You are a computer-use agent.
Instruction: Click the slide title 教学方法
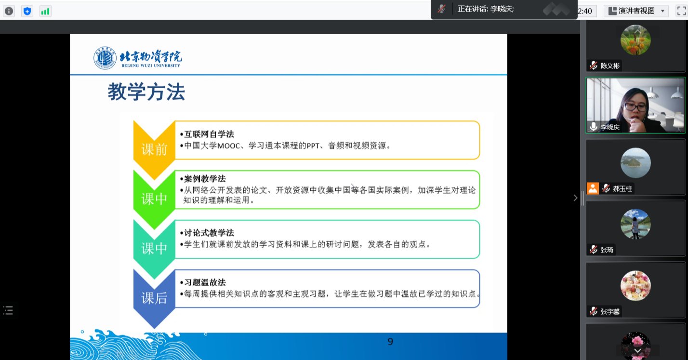click(146, 92)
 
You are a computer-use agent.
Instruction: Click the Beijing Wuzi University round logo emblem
click(105, 58)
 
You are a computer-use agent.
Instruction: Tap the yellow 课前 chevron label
click(154, 149)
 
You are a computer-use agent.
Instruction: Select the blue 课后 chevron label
click(154, 298)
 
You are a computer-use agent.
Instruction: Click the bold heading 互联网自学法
click(209, 134)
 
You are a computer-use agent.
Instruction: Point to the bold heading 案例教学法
click(205, 179)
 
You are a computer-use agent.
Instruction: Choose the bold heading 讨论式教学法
click(209, 233)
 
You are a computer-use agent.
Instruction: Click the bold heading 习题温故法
click(205, 282)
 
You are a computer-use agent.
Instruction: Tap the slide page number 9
click(390, 342)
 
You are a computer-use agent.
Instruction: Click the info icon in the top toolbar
click(9, 12)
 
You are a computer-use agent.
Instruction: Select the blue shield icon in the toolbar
click(27, 12)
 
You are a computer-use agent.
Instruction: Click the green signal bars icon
click(45, 12)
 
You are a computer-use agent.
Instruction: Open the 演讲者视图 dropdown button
click(636, 11)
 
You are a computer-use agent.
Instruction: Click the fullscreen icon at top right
click(682, 11)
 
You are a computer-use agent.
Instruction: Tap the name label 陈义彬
click(610, 66)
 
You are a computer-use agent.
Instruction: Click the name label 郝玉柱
click(622, 188)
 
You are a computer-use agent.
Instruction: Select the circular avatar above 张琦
click(635, 224)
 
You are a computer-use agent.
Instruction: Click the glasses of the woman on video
click(635, 107)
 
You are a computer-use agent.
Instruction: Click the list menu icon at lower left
click(8, 310)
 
